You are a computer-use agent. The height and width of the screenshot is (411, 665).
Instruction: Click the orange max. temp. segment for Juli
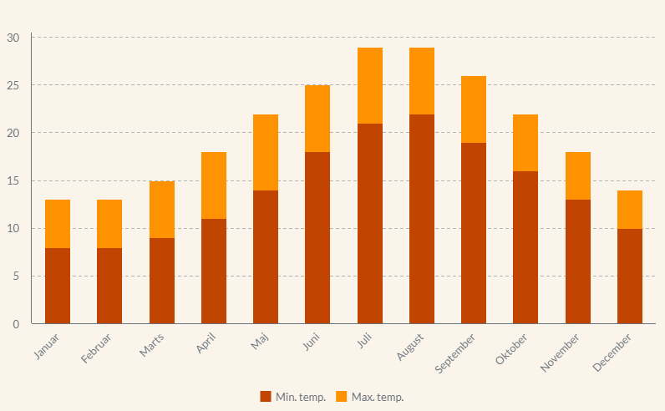point(369,85)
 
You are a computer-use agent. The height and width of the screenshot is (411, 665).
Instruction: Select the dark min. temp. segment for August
point(422,219)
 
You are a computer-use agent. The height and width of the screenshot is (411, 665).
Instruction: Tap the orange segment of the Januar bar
point(58,224)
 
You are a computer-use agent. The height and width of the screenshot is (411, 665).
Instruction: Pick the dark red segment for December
point(630,276)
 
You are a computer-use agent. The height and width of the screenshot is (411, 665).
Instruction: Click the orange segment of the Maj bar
point(266,152)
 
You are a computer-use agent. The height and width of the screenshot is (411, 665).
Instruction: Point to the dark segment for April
point(214,271)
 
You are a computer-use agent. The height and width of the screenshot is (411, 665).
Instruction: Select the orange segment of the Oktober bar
point(525,143)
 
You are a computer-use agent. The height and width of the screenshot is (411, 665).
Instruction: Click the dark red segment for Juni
point(317,237)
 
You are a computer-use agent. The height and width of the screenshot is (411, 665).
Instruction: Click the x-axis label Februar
point(97,348)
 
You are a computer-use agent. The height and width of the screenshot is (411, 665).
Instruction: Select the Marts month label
point(152,345)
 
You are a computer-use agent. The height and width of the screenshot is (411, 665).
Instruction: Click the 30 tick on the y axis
point(13,38)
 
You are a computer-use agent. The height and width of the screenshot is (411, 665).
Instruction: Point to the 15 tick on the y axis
point(13,181)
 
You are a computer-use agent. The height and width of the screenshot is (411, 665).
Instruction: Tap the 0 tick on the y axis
point(16,324)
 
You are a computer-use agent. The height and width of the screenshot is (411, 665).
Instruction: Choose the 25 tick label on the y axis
point(13,85)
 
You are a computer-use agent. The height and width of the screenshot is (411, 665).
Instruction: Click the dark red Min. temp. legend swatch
point(266,397)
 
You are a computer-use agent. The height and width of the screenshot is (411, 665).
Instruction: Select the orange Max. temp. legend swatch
point(341,397)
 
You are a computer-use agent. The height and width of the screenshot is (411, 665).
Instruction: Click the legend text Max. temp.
point(378,397)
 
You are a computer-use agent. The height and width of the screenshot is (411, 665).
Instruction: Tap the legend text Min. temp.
point(301,397)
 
